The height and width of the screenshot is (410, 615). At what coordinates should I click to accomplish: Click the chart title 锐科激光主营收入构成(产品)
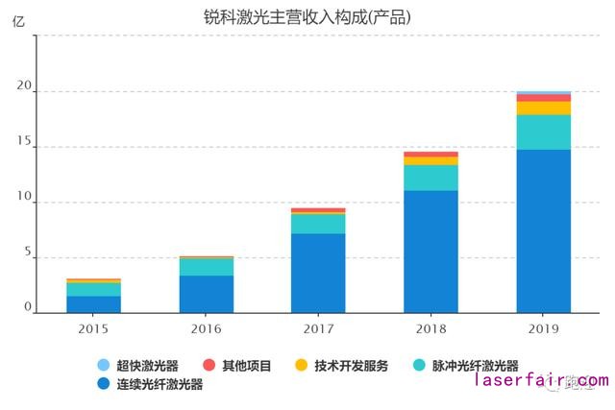click(x=307, y=17)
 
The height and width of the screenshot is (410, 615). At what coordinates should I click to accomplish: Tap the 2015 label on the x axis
click(x=93, y=328)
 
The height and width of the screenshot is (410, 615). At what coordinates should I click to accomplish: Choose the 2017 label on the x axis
click(x=318, y=328)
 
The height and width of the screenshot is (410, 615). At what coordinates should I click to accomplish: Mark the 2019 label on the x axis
click(x=543, y=328)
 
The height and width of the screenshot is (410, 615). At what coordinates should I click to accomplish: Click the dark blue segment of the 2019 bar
click(x=543, y=230)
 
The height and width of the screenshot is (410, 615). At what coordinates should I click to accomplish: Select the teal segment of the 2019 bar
click(x=543, y=132)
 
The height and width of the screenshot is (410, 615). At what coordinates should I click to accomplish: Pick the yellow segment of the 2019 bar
click(x=543, y=108)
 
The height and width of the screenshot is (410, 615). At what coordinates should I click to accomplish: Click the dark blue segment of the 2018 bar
click(x=430, y=252)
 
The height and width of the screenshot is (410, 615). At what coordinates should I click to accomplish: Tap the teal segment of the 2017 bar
click(x=318, y=223)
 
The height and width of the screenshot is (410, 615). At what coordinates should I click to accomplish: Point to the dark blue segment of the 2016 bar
click(x=206, y=294)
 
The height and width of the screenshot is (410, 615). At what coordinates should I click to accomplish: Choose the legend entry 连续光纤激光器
click(x=151, y=385)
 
